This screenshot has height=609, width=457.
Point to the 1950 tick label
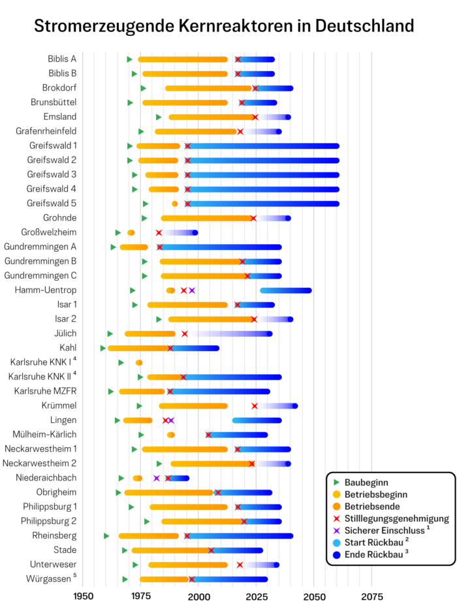83,595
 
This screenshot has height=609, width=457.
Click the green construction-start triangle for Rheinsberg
106,536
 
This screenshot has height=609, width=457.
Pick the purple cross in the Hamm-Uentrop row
192,290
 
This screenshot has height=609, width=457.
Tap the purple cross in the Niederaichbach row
157,478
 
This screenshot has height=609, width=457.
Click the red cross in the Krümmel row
255,406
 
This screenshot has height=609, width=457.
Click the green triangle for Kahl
103,348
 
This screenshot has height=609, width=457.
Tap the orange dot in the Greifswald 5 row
174,204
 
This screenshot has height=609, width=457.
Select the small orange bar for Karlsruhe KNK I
139,363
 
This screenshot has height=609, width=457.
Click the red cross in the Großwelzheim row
159,232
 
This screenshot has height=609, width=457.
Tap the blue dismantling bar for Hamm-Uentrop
285,290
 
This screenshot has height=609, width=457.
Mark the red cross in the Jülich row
185,334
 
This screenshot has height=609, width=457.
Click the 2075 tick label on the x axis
371,595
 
